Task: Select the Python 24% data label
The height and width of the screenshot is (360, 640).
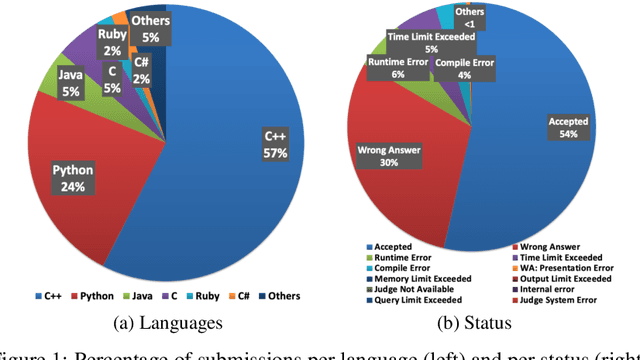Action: [x=73, y=179]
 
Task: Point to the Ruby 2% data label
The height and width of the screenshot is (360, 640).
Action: [x=111, y=43]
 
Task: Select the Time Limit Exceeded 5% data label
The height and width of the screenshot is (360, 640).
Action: [x=431, y=40]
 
